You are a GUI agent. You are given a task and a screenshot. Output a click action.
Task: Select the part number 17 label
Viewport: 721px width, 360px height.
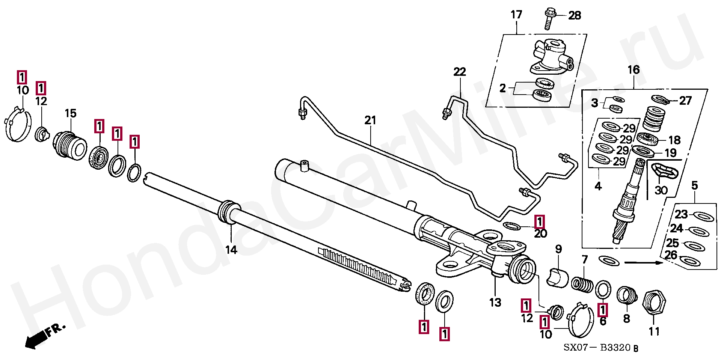tap(516, 15)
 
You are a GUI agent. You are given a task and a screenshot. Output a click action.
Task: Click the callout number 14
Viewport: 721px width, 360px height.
tap(231, 250)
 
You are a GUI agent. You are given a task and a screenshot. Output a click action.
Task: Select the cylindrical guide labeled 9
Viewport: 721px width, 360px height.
tap(558, 277)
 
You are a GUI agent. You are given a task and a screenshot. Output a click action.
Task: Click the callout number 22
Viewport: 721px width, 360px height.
tap(460, 71)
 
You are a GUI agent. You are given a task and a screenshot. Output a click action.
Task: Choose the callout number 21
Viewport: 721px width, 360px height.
tap(370, 120)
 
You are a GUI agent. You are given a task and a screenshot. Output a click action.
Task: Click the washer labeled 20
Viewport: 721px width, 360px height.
tap(511, 226)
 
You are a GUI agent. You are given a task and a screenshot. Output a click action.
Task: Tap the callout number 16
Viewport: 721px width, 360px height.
tap(634, 69)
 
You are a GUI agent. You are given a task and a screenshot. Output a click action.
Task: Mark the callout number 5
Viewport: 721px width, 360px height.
tap(694, 185)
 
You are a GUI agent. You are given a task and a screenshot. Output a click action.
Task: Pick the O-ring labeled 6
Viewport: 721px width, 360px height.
tap(603, 289)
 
